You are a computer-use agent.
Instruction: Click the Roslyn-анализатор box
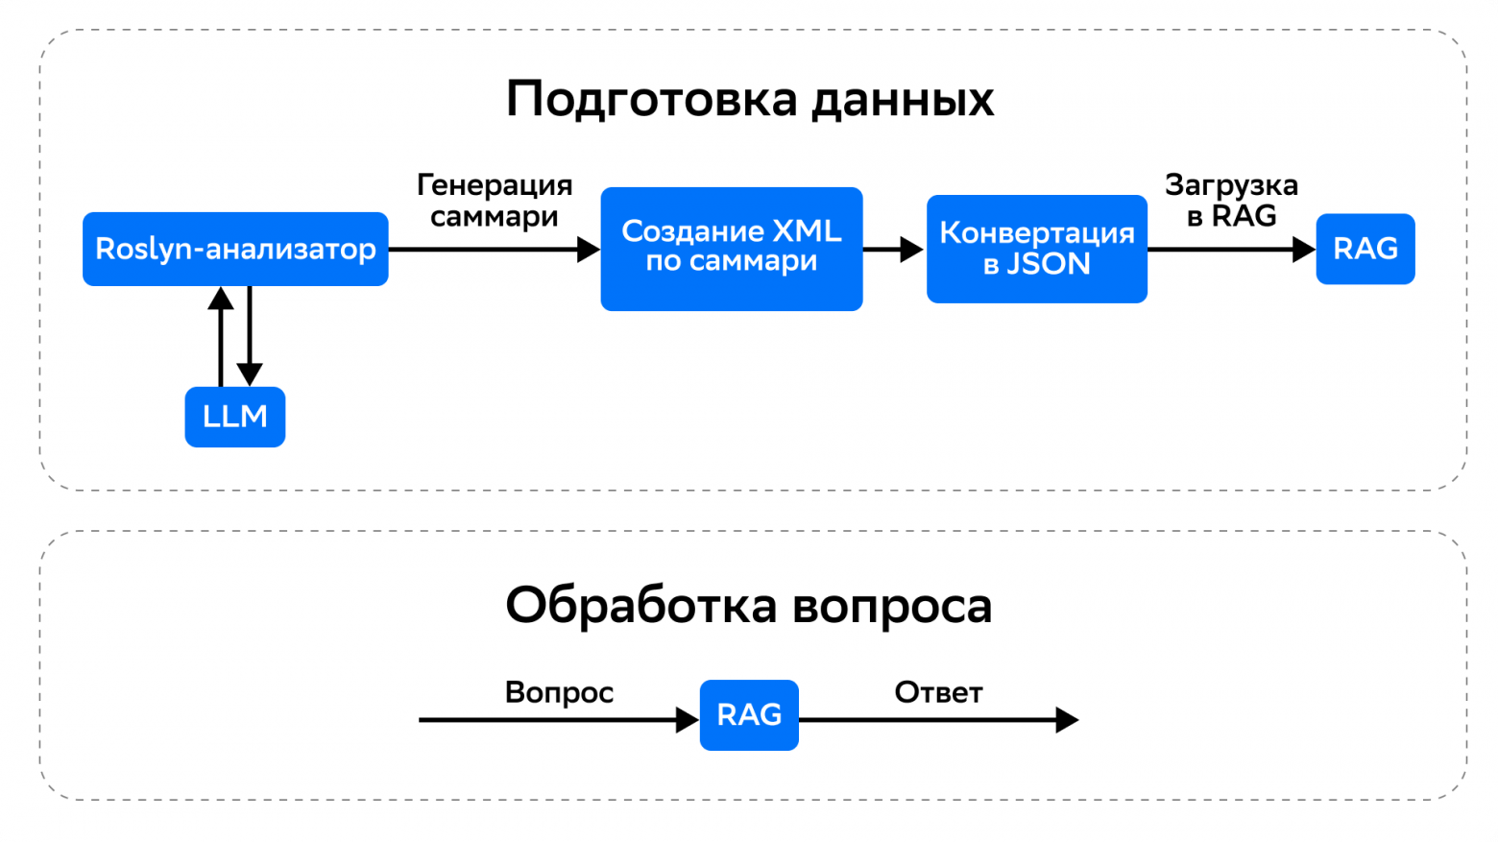235,249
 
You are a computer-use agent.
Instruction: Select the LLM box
235,417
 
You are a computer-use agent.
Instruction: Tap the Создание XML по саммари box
731,248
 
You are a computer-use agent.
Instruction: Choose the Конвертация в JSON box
1036,249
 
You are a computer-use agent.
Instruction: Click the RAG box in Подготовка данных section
1365,249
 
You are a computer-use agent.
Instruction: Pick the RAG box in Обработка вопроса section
749,715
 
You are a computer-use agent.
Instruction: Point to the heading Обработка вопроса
749,606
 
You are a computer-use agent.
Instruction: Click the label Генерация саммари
495,201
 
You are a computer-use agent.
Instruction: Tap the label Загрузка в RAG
1231,201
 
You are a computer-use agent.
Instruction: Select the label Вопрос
559,692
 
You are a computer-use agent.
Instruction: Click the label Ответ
938,692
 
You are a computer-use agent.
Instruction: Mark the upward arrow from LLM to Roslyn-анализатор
221,336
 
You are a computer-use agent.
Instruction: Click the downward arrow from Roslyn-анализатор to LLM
250,336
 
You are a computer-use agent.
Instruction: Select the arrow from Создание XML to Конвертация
893,250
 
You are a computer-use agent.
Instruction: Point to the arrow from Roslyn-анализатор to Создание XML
494,250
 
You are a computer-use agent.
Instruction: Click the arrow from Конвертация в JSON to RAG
1231,250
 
